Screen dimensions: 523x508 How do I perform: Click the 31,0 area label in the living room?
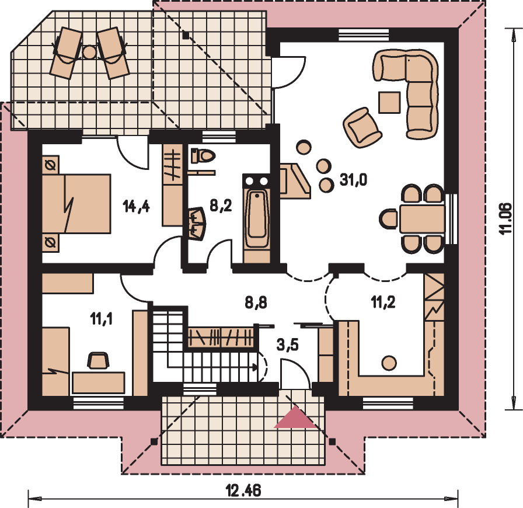click(353, 180)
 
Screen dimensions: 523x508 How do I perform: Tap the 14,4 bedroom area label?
click(136, 207)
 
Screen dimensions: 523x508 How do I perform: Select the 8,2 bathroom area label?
click(221, 206)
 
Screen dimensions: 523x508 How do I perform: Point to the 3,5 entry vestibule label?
click(288, 345)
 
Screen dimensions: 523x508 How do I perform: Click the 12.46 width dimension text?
click(243, 490)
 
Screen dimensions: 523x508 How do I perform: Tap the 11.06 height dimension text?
click(506, 218)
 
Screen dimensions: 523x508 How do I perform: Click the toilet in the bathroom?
click(203, 156)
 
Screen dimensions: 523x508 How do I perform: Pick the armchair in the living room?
click(362, 127)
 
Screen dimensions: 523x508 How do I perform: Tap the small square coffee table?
click(389, 102)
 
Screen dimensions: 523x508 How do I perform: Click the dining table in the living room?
click(422, 219)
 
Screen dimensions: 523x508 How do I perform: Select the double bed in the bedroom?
click(76, 203)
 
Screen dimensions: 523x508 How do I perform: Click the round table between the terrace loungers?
click(89, 52)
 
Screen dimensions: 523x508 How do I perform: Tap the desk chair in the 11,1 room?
click(98, 360)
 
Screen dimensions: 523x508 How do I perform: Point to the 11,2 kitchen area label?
click(383, 302)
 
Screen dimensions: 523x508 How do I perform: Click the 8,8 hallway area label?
click(256, 303)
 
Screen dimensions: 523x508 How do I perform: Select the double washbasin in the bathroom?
click(197, 223)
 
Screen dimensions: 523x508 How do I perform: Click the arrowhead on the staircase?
click(255, 367)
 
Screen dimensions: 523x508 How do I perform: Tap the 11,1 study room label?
click(101, 319)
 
